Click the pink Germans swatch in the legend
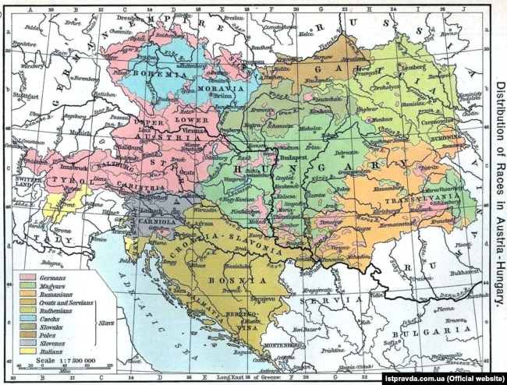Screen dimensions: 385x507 pos(28,277)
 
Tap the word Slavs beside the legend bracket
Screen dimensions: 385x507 pos(100,320)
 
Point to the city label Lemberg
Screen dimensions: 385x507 pos(410,70)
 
